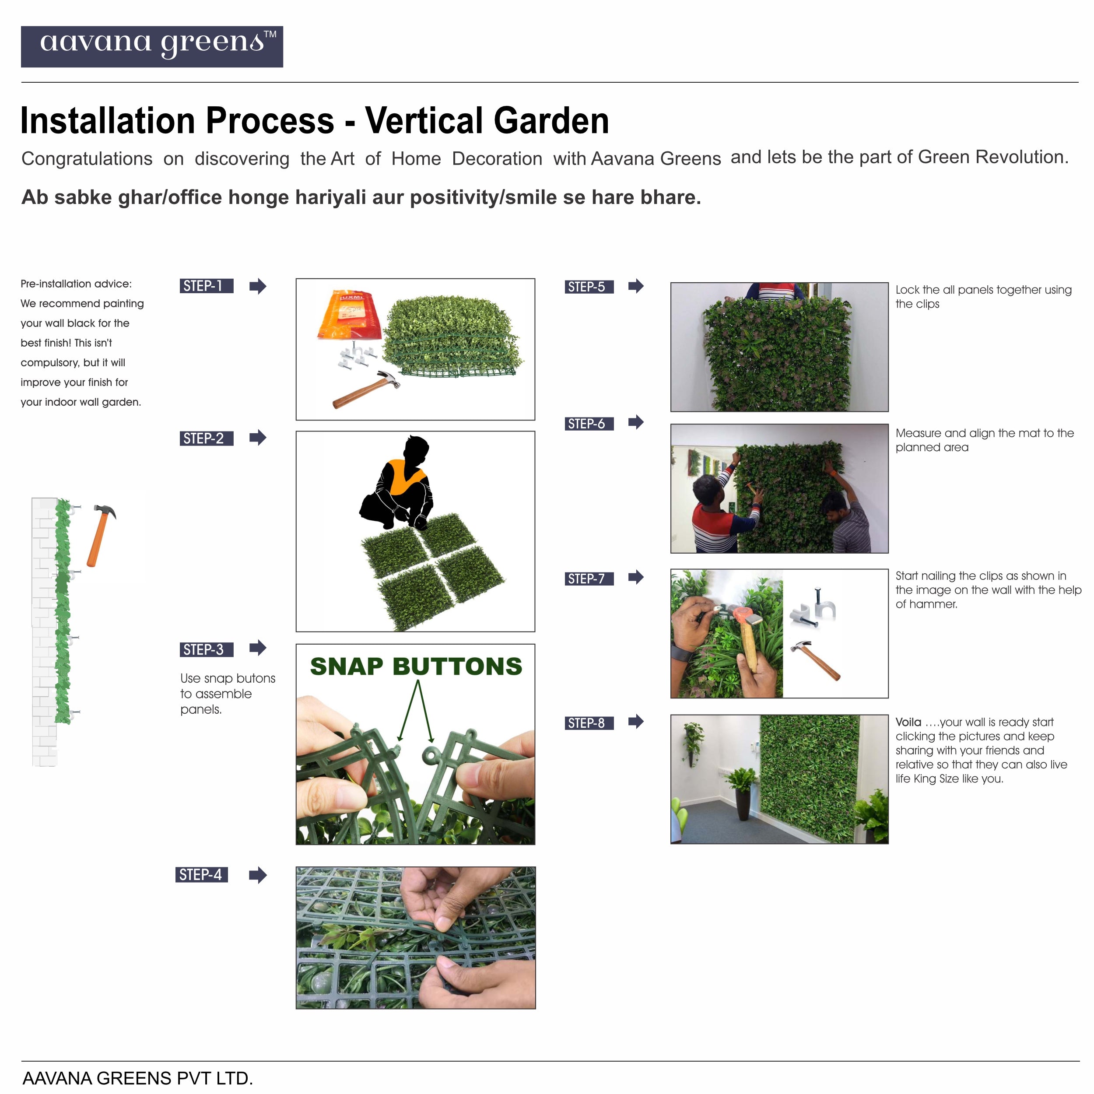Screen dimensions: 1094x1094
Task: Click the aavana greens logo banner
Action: tap(152, 46)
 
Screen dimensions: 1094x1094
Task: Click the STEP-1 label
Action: tap(206, 286)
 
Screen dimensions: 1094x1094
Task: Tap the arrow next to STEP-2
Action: tap(258, 438)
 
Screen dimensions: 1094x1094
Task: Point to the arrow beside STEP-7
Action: tap(636, 578)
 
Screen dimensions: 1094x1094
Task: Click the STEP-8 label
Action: tap(589, 723)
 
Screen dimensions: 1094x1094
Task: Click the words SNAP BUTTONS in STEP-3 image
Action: tap(416, 666)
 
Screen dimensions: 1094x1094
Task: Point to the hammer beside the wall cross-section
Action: tap(102, 535)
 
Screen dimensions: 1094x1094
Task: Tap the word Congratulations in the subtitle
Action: tap(87, 158)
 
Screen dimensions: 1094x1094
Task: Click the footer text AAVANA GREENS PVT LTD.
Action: tap(137, 1078)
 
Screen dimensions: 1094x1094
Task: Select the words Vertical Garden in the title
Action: tap(487, 121)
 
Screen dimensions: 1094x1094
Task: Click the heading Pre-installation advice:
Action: tap(76, 284)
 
